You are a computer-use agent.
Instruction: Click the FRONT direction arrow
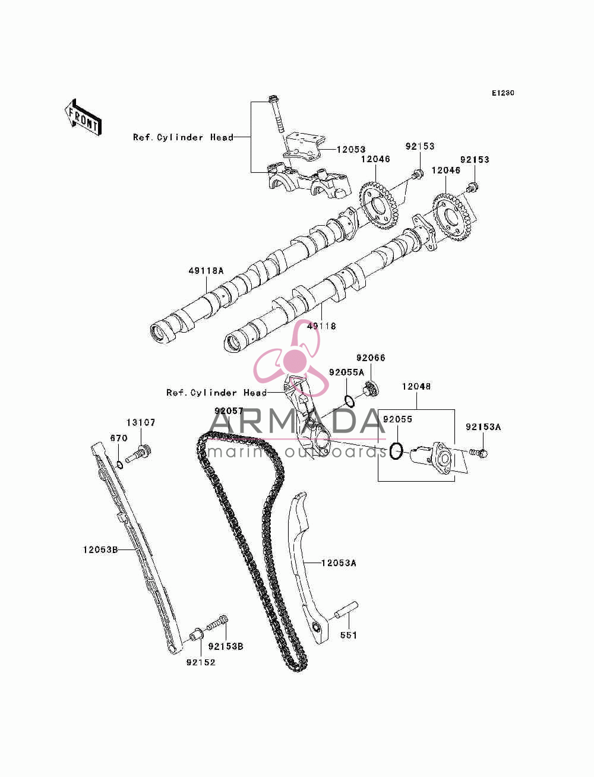click(x=84, y=117)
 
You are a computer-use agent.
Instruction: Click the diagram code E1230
click(x=503, y=93)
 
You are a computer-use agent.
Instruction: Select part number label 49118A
click(x=206, y=271)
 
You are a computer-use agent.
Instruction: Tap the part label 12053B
click(x=100, y=549)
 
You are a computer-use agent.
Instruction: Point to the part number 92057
click(x=229, y=410)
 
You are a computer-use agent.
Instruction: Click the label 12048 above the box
click(x=416, y=386)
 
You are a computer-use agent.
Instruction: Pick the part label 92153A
click(x=483, y=427)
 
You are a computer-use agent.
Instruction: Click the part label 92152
click(x=201, y=662)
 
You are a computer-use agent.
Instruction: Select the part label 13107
click(x=141, y=422)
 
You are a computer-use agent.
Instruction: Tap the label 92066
click(x=371, y=358)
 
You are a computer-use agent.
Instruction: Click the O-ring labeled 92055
click(x=396, y=451)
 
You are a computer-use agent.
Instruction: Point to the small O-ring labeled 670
click(x=119, y=465)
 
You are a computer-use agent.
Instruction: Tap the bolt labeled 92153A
click(x=479, y=453)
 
